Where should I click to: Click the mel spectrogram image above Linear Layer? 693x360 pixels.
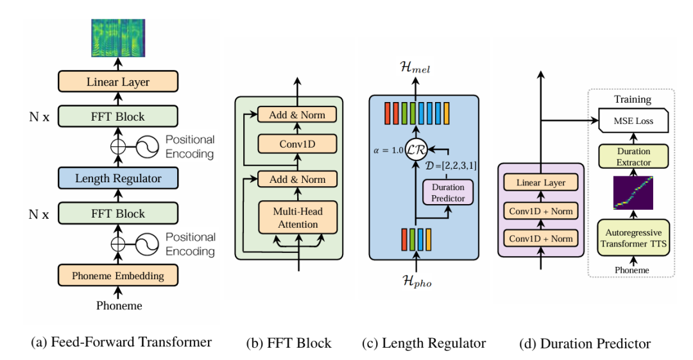pos(118,38)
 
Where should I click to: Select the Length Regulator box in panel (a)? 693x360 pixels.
pos(118,178)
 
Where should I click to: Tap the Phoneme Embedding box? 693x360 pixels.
pos(118,275)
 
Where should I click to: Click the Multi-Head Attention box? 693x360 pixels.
pos(298,218)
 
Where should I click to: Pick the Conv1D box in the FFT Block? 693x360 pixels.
pos(298,144)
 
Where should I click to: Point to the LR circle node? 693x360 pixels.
pos(416,150)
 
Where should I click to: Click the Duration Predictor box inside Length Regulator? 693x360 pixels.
pos(448,193)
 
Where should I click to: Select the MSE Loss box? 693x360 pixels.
pos(633,121)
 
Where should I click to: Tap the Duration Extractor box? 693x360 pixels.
pos(633,157)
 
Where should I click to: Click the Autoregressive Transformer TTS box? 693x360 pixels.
pos(633,238)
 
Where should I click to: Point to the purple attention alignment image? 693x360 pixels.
pos(633,193)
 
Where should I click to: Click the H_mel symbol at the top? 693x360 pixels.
pos(415,67)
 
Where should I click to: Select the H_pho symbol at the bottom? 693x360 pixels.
pos(417,281)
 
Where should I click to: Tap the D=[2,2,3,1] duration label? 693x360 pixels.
pos(451,166)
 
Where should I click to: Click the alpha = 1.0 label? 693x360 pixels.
pos(388,150)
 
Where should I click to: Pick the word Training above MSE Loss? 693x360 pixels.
pos(633,99)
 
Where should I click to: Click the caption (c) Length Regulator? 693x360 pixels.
pos(424,343)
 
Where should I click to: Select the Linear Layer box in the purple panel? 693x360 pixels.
pos(541,182)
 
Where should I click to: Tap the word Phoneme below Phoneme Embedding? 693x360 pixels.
pos(119,305)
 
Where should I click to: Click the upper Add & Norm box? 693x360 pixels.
pos(297,114)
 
